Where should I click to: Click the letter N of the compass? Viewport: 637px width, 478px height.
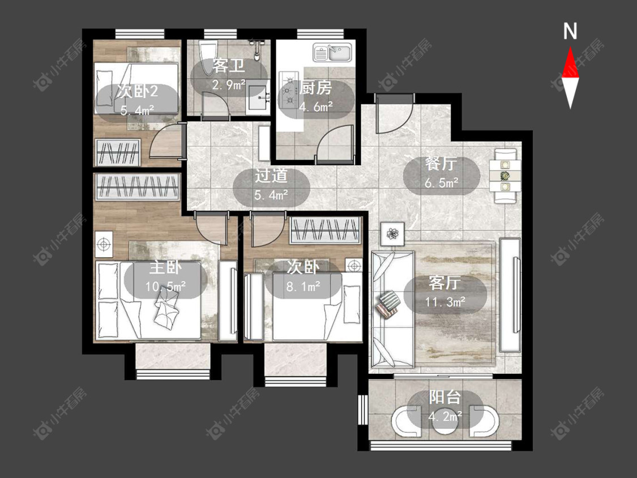(x=570, y=31)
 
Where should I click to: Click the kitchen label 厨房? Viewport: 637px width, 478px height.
(x=315, y=88)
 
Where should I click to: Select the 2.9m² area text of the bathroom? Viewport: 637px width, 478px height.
(x=229, y=86)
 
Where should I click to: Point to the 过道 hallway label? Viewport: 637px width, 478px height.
(x=271, y=176)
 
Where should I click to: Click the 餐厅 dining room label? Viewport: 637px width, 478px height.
(x=441, y=164)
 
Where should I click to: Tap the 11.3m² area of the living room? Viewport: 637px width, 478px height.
(x=445, y=302)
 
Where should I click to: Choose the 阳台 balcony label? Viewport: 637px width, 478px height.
(x=445, y=397)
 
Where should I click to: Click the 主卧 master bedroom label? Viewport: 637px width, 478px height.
(x=165, y=267)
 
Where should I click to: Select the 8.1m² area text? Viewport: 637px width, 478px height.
(x=303, y=287)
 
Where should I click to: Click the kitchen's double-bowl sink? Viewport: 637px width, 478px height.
(x=332, y=53)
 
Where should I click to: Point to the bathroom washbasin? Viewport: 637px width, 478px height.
(x=258, y=96)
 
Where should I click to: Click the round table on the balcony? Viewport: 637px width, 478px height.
(x=445, y=424)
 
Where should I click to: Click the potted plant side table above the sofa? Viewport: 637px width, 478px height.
(x=392, y=234)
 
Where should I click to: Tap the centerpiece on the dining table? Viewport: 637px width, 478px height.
(x=505, y=176)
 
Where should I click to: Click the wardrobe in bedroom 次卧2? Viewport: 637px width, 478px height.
(x=117, y=152)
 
